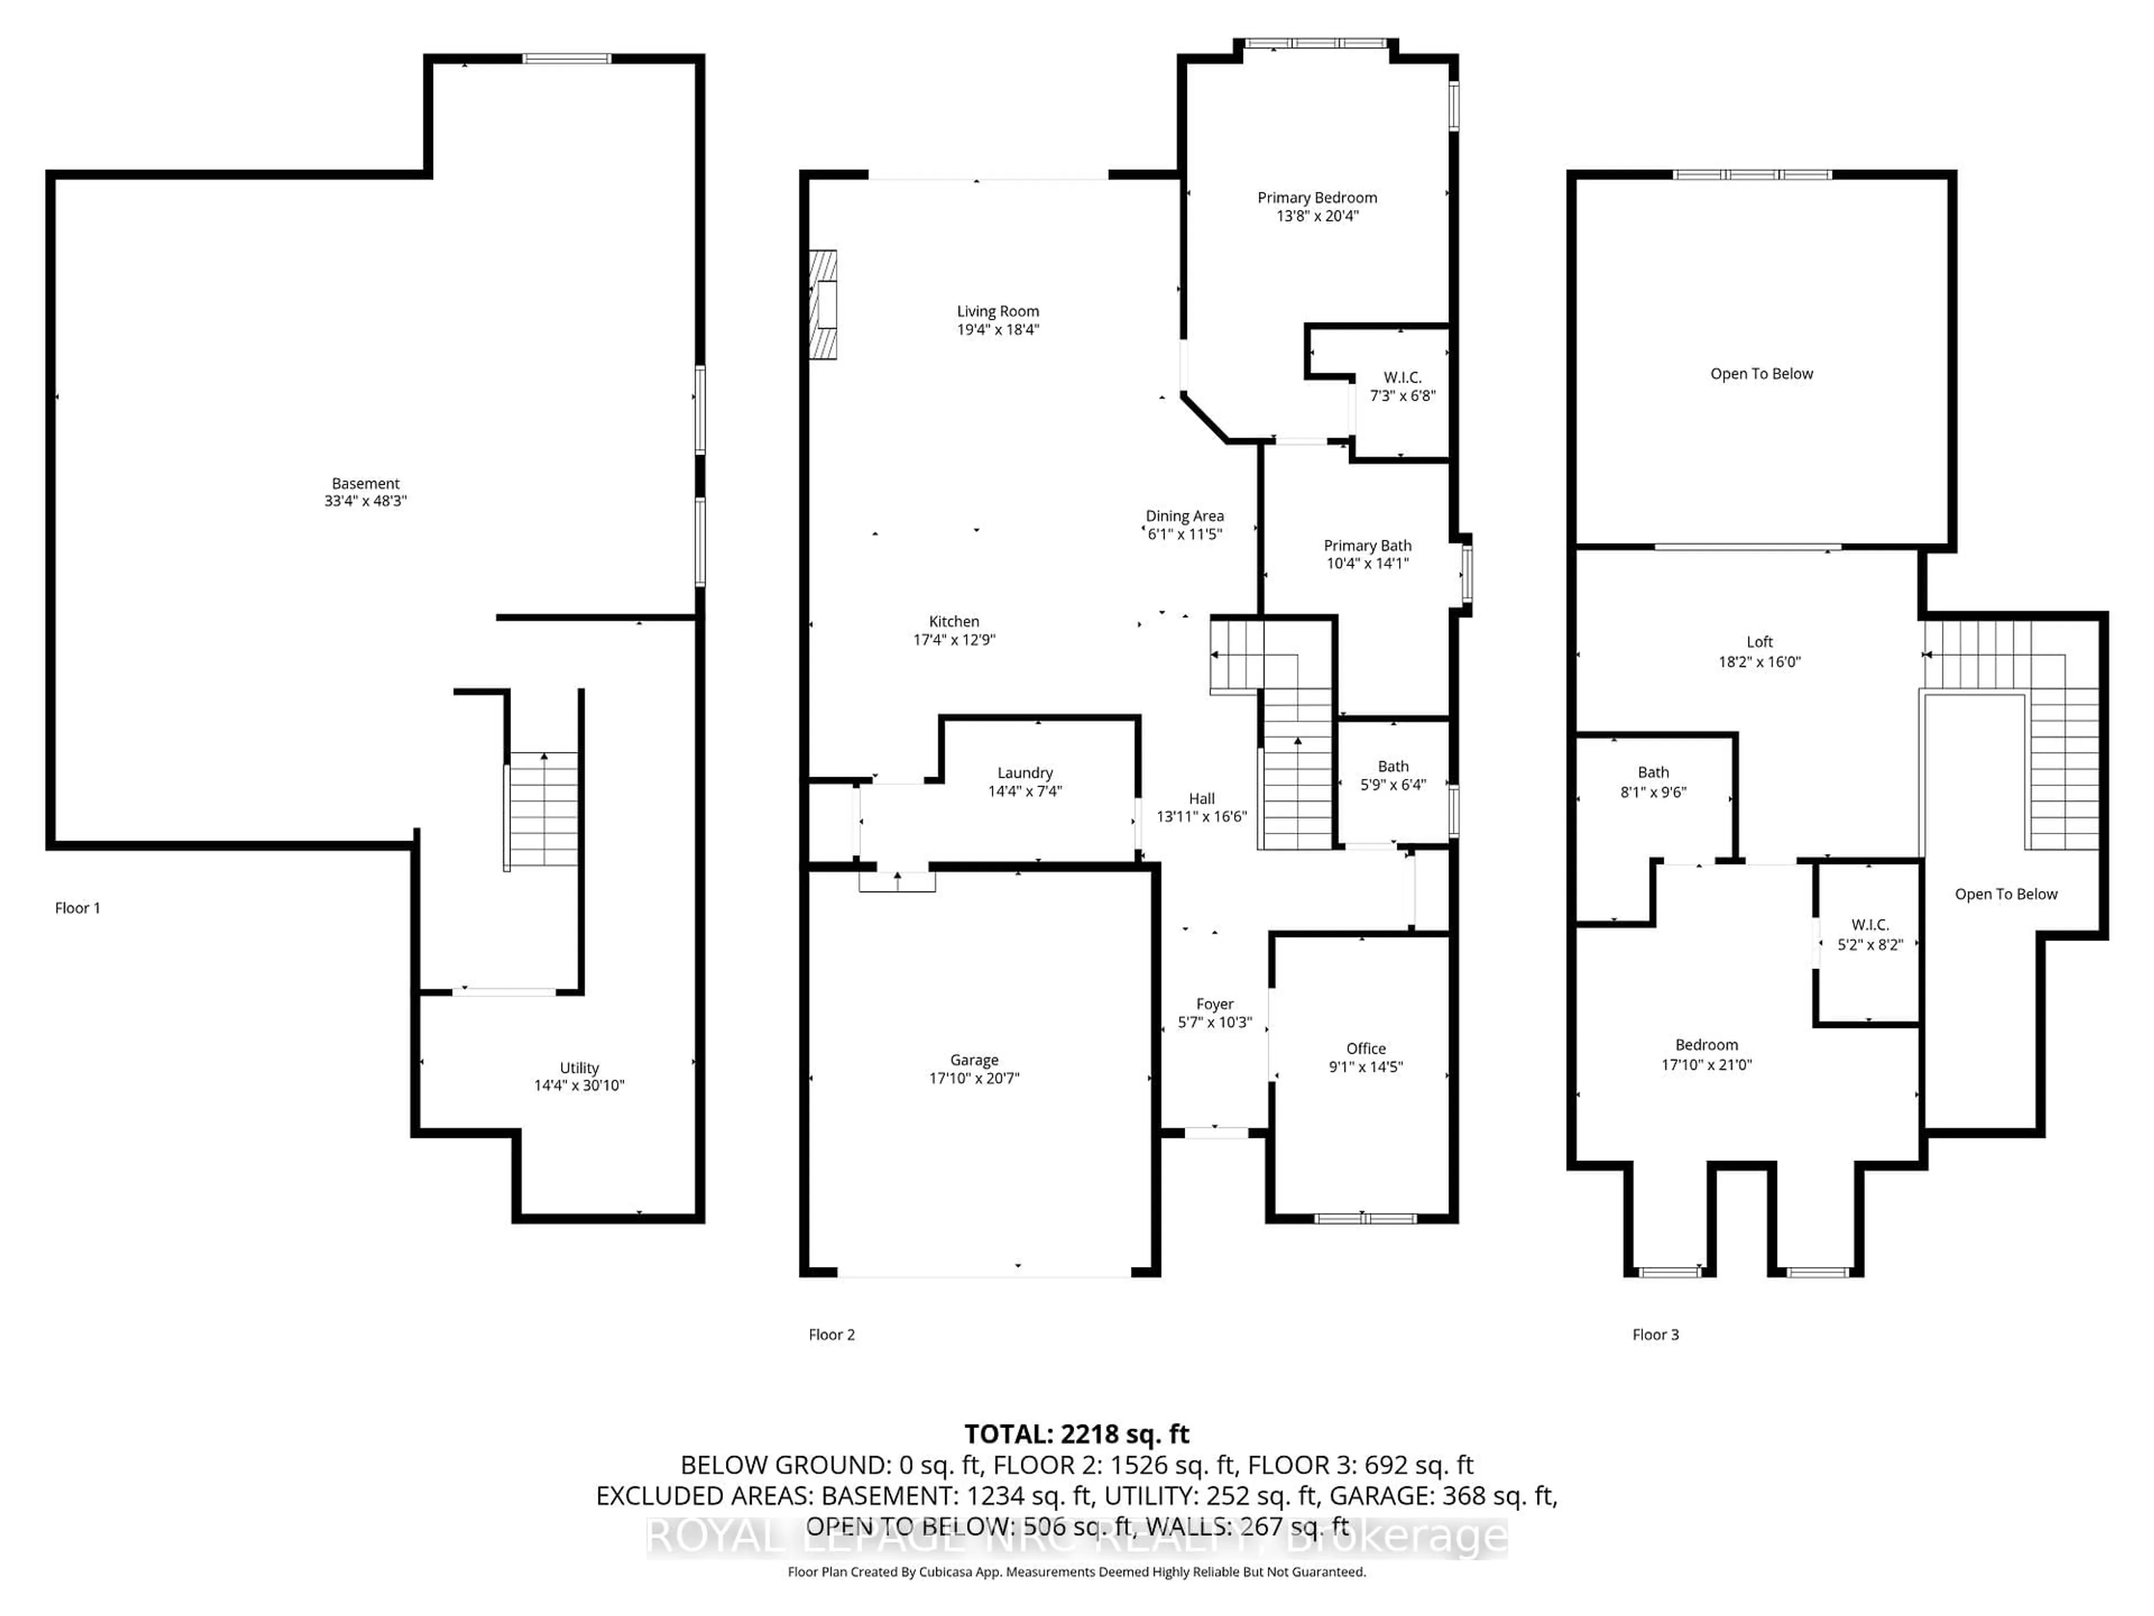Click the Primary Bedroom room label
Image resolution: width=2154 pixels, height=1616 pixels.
(x=1317, y=198)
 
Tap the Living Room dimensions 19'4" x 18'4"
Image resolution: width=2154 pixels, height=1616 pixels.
(x=997, y=330)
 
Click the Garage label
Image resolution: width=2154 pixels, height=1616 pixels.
(x=974, y=1060)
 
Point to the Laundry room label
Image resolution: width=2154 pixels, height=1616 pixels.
(x=1024, y=773)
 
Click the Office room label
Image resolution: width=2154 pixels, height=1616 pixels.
(x=1365, y=1048)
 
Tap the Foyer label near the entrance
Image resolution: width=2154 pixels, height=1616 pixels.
(x=1214, y=1003)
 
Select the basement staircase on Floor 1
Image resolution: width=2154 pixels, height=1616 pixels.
(x=542, y=810)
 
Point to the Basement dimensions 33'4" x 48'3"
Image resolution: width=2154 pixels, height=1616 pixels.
(x=365, y=501)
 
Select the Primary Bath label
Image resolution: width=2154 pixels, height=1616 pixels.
(x=1366, y=545)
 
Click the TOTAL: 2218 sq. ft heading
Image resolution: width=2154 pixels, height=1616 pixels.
(x=1076, y=1434)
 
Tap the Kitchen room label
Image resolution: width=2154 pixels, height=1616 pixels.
(x=954, y=622)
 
